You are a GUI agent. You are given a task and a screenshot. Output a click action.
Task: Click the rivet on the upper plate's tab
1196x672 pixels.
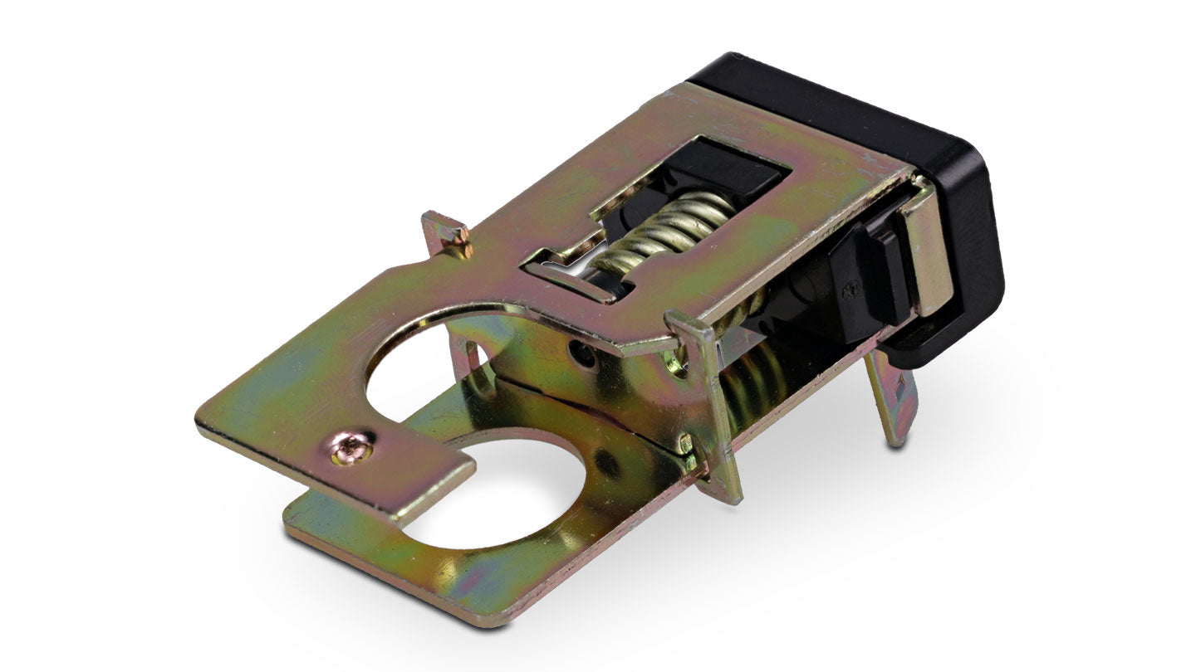coord(352,448)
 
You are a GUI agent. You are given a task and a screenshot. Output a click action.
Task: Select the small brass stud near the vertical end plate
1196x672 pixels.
coord(684,443)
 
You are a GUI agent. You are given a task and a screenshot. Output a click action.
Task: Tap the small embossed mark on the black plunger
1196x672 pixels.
coord(848,290)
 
